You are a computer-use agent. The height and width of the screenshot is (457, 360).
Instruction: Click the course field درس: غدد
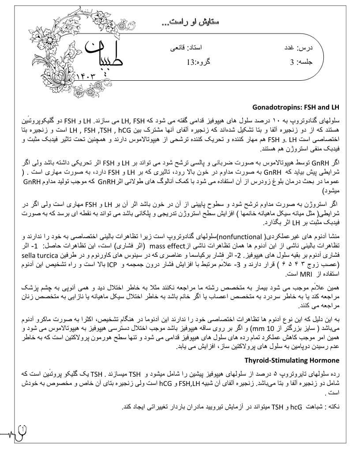pyautogui.click(x=298, y=47)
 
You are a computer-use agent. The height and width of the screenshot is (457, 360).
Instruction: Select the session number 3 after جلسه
pyautogui.click(x=292, y=62)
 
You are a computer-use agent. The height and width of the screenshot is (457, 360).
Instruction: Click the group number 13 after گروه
pyautogui.click(x=190, y=62)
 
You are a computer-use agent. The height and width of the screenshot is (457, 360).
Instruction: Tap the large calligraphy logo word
pyautogui.click(x=104, y=55)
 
